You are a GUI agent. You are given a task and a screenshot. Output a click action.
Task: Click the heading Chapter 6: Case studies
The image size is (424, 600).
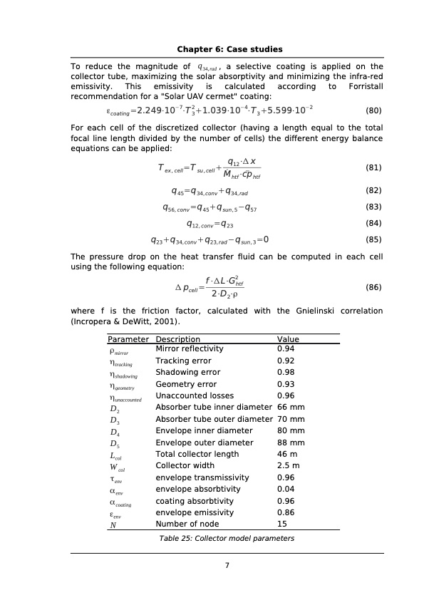click(x=229, y=49)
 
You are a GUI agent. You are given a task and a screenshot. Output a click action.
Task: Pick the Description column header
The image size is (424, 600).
click(x=177, y=340)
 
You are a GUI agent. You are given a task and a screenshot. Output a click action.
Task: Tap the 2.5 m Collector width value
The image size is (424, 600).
click(x=286, y=466)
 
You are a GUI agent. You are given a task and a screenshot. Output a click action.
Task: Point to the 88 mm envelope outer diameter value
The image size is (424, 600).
click(x=290, y=443)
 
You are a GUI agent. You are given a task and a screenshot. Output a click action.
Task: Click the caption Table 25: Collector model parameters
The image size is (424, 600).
click(x=227, y=539)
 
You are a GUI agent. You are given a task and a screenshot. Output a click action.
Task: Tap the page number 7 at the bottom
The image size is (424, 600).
click(x=227, y=566)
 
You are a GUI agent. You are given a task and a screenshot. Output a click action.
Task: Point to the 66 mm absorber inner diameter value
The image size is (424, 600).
click(x=290, y=407)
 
